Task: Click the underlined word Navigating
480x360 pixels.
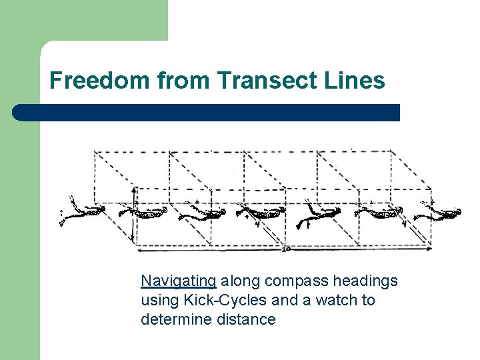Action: coord(178,281)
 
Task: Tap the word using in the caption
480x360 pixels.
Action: coord(158,301)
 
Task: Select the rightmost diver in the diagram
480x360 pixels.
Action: coord(438,211)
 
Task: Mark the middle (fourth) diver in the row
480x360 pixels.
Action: coord(263,213)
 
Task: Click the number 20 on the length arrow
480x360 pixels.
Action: coord(285,249)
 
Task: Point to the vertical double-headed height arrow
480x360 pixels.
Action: coord(133,213)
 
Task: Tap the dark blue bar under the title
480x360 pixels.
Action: coord(207,113)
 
